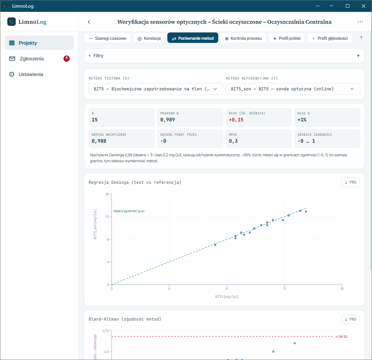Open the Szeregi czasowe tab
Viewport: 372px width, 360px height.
point(107,38)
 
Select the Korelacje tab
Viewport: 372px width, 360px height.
point(149,38)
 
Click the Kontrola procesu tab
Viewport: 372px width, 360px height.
point(243,38)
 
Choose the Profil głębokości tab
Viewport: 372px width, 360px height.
point(329,38)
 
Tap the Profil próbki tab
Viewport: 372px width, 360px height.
point(287,38)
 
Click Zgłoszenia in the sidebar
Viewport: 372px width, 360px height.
point(32,59)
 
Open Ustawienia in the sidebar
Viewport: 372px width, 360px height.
point(31,74)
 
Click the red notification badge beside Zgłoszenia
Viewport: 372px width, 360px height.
point(67,58)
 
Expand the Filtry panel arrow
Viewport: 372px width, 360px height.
point(358,56)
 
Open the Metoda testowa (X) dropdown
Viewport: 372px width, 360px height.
point(155,89)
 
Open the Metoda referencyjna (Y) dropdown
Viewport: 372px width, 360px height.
point(293,89)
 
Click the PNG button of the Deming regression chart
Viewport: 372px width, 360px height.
point(351,182)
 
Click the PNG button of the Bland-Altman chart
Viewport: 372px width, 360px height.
point(351,319)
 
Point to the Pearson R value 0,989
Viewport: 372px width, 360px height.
point(167,120)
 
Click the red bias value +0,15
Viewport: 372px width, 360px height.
point(236,120)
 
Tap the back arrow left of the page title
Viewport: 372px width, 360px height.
point(89,22)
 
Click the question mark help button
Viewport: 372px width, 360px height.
point(361,38)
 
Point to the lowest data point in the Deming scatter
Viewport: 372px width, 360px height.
point(215,245)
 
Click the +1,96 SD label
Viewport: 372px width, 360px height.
point(341,337)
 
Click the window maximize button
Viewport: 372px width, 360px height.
point(348,6)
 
